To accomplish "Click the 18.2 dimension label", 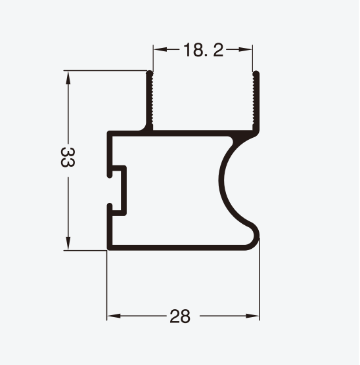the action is [x=204, y=50].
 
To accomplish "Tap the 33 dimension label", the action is [x=68, y=157].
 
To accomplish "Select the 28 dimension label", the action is [x=180, y=316].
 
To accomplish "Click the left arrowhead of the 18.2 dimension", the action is [x=160, y=49].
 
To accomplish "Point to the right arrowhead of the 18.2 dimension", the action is [x=246, y=49].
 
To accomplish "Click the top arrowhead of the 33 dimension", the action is [x=68, y=77].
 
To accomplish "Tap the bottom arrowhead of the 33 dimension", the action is [x=68, y=244].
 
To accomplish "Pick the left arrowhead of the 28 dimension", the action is [x=114, y=316].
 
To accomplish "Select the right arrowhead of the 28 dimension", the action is [x=252, y=316].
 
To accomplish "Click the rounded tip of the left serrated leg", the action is [x=150, y=73].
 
